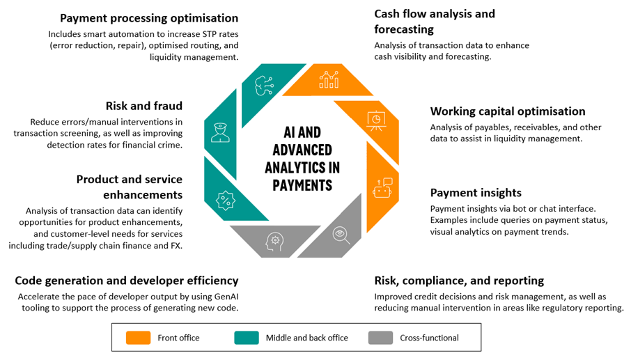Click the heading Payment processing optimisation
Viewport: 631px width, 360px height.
coord(149,18)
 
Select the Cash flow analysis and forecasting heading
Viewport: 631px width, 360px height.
coord(435,22)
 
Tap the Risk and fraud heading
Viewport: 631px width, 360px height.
coord(144,106)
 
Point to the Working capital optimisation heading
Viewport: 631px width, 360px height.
coord(508,111)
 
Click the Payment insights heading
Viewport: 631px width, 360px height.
coord(476,193)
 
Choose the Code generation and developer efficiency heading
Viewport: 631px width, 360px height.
coord(127,281)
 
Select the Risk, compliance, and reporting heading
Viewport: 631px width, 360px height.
coord(459,281)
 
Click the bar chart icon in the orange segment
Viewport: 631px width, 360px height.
coord(329,79)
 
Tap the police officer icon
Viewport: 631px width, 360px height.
coord(220,133)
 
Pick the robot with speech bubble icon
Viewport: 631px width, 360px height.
coord(382,188)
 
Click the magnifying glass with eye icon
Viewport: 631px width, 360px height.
coord(341,235)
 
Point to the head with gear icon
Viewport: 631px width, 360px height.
coord(274,242)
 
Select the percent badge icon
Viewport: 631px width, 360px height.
coord(226,201)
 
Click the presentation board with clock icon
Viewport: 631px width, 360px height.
coord(376,120)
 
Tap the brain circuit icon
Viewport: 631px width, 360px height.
coord(265,86)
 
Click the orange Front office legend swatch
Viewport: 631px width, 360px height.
coord(138,338)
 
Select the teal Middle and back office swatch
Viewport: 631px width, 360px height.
coord(247,338)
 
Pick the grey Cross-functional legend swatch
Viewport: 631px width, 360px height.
coord(380,338)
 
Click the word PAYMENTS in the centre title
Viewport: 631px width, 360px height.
coord(303,185)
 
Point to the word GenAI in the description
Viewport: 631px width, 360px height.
coord(226,297)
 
